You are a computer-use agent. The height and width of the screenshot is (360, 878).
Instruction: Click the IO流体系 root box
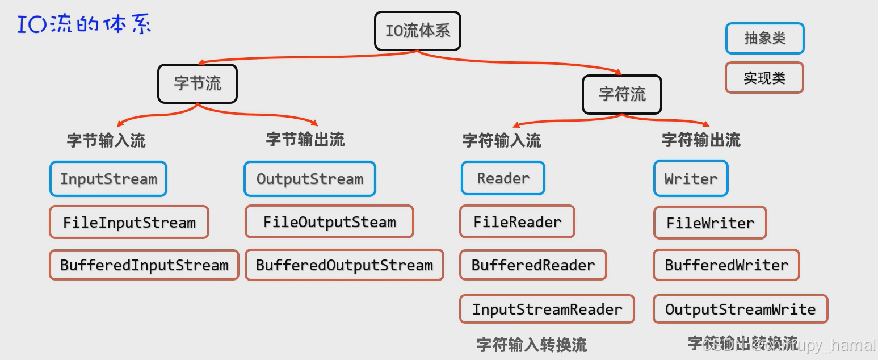418,31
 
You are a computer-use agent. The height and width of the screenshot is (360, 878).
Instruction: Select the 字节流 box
197,83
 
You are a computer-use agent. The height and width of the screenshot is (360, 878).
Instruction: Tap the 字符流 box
622,94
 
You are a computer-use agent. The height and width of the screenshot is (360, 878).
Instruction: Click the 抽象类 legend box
764,38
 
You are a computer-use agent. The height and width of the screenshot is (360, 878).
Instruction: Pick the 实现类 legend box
764,78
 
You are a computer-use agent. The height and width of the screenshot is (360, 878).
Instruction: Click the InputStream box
108,179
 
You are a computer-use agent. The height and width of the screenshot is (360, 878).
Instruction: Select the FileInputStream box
129,222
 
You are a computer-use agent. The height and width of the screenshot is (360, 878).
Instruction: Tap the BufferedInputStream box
144,265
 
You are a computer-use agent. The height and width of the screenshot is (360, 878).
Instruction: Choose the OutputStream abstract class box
309,179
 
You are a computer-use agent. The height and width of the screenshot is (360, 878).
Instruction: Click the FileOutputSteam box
329,221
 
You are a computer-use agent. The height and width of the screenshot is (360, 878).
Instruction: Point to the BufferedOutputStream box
344,265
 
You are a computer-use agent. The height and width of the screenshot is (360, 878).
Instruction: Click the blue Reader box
503,178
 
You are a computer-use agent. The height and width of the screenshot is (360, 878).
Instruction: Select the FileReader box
517,221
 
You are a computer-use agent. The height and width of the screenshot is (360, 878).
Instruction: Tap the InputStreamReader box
547,309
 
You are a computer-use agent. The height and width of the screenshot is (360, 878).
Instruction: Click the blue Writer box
690,179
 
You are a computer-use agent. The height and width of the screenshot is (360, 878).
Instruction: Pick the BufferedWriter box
726,265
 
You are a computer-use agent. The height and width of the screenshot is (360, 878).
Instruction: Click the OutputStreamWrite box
740,309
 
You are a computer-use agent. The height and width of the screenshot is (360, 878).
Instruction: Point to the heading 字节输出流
305,140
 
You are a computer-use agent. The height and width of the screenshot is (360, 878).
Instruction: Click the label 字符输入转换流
531,345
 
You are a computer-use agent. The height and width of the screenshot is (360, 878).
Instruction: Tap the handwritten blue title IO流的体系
84,25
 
